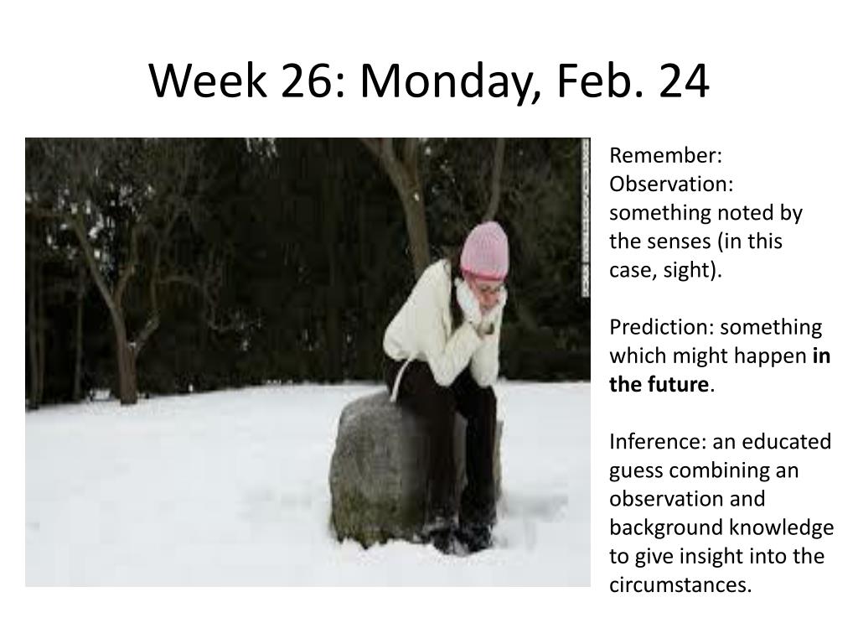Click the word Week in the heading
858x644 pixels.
coord(207,80)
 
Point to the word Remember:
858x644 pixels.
coord(666,155)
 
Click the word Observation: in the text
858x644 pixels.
coord(671,184)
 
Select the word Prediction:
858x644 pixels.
coord(661,327)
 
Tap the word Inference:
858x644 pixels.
coord(658,441)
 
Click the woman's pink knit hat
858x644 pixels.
coord(485,251)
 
